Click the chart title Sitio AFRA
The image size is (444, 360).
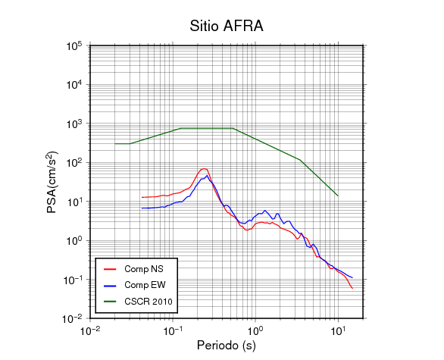tap(227, 26)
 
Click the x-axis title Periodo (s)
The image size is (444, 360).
tap(227, 346)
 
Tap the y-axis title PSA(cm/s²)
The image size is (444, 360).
tap(52, 183)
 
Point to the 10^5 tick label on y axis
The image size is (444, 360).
tap(74, 45)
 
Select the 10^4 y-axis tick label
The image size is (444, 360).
tap(74, 84)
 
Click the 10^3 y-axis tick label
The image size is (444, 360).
tap(74, 124)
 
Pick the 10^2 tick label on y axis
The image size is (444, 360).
tap(74, 163)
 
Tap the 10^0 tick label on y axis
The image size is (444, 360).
tap(74, 240)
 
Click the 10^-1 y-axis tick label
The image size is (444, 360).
tap(73, 280)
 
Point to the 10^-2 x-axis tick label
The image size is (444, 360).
tap(90, 330)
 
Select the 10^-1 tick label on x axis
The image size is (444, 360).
tap(173, 330)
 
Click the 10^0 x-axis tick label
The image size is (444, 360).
tap(255, 330)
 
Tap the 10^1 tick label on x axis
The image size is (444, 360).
tap(339, 330)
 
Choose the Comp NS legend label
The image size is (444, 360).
tap(144, 269)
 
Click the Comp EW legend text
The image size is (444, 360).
tap(145, 285)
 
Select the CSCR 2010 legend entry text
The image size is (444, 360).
tap(149, 302)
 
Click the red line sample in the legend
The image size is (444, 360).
tap(110, 269)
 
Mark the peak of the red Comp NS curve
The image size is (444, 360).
tap(204, 169)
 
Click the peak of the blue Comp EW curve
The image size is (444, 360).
tap(208, 176)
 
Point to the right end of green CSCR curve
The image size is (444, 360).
tap(338, 196)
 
